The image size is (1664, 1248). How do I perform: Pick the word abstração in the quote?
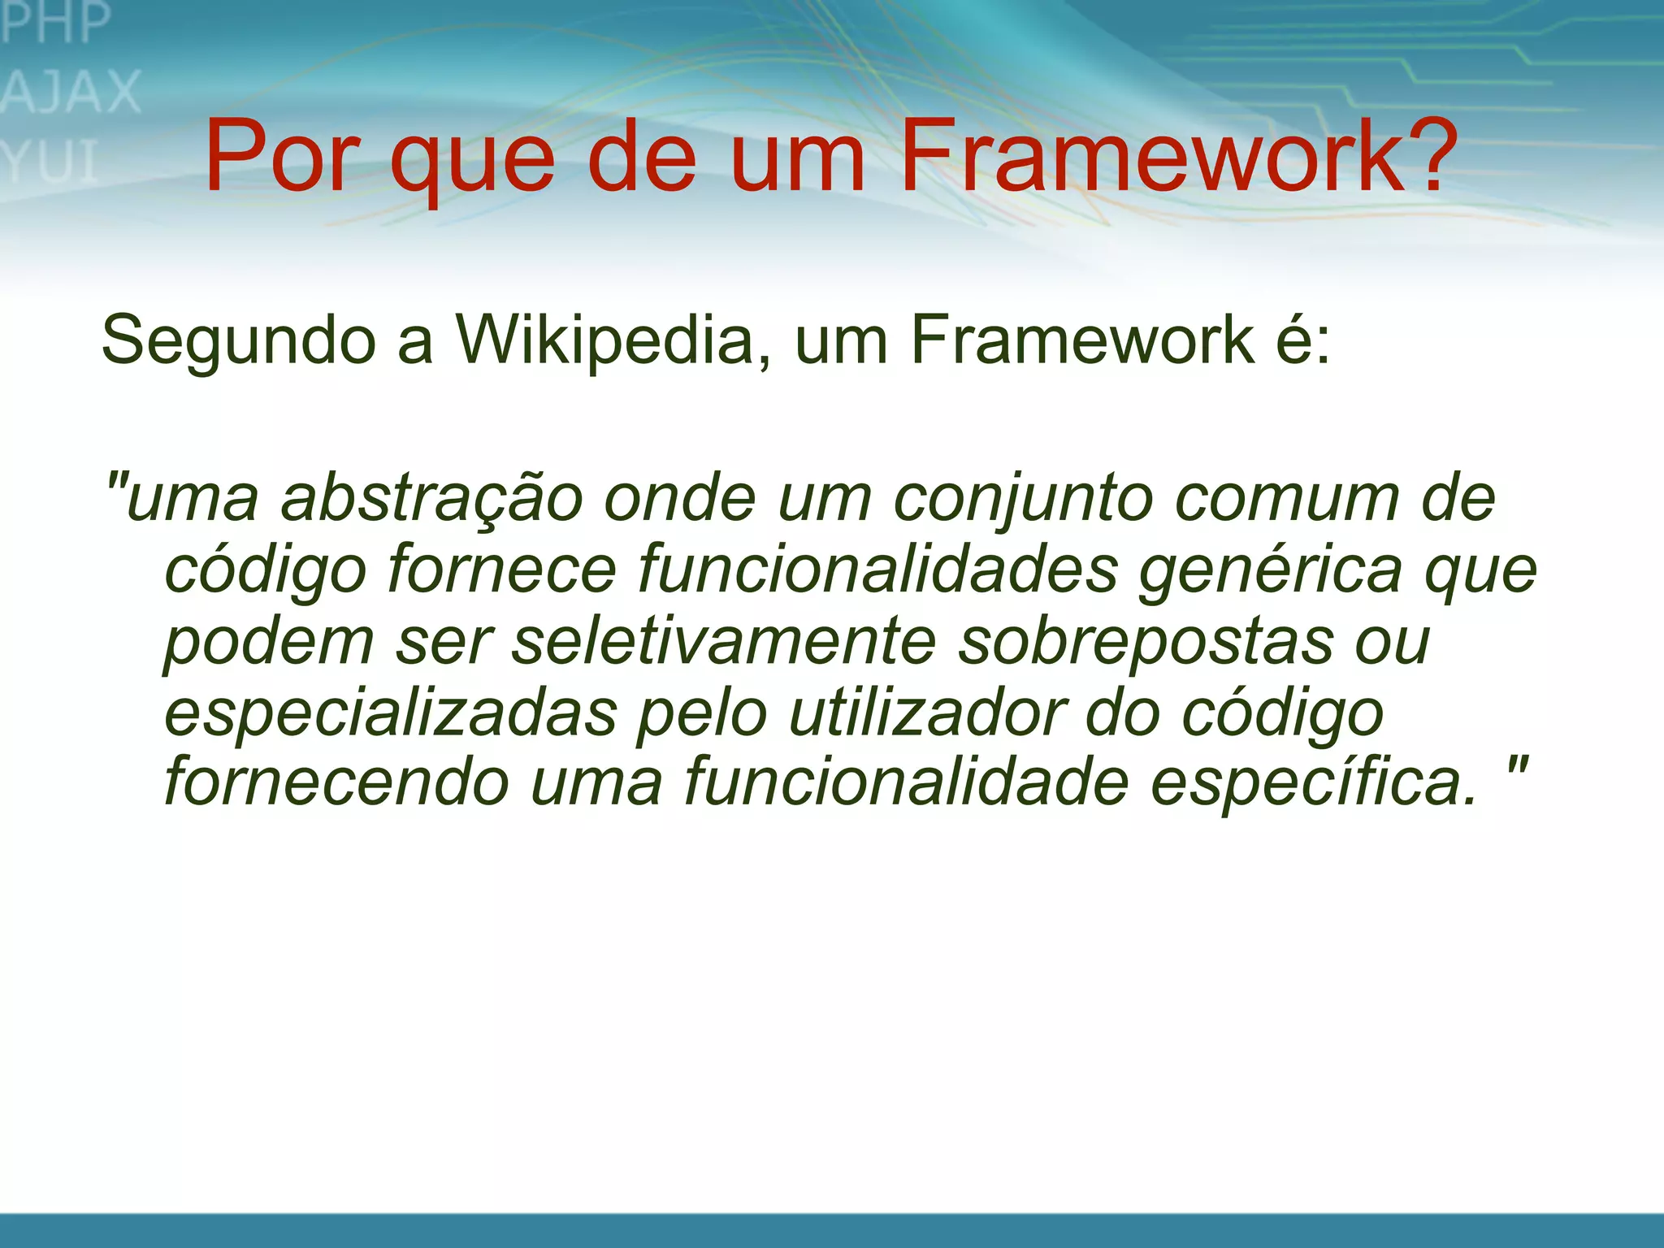tap(431, 499)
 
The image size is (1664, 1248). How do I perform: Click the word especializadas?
tap(391, 713)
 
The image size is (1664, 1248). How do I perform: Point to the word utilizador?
tap(927, 713)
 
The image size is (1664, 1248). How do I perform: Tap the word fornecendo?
tap(336, 782)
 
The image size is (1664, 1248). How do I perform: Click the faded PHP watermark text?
tap(55, 22)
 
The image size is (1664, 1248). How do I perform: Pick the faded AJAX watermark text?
tap(71, 92)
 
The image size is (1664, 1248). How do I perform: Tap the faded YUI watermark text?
tap(50, 162)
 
